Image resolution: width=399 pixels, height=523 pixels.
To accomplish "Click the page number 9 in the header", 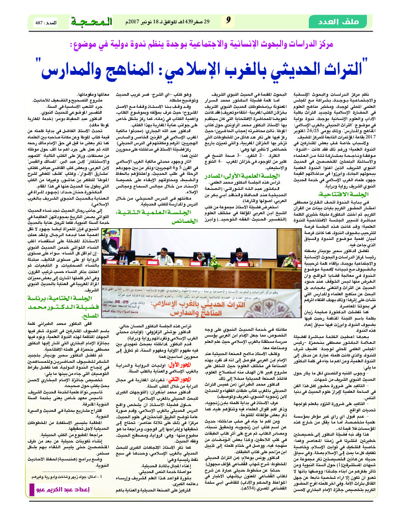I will [x=228, y=21].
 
